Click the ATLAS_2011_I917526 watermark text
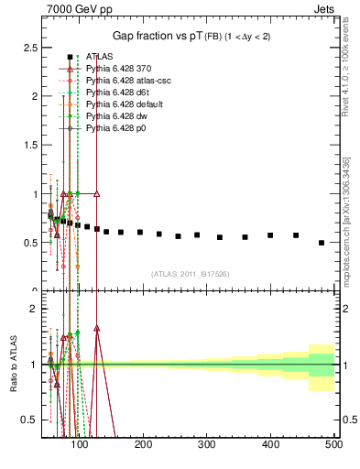pyautogui.click(x=190, y=273)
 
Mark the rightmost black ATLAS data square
pyautogui.click(x=322, y=243)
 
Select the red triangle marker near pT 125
pyautogui.click(x=97, y=194)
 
